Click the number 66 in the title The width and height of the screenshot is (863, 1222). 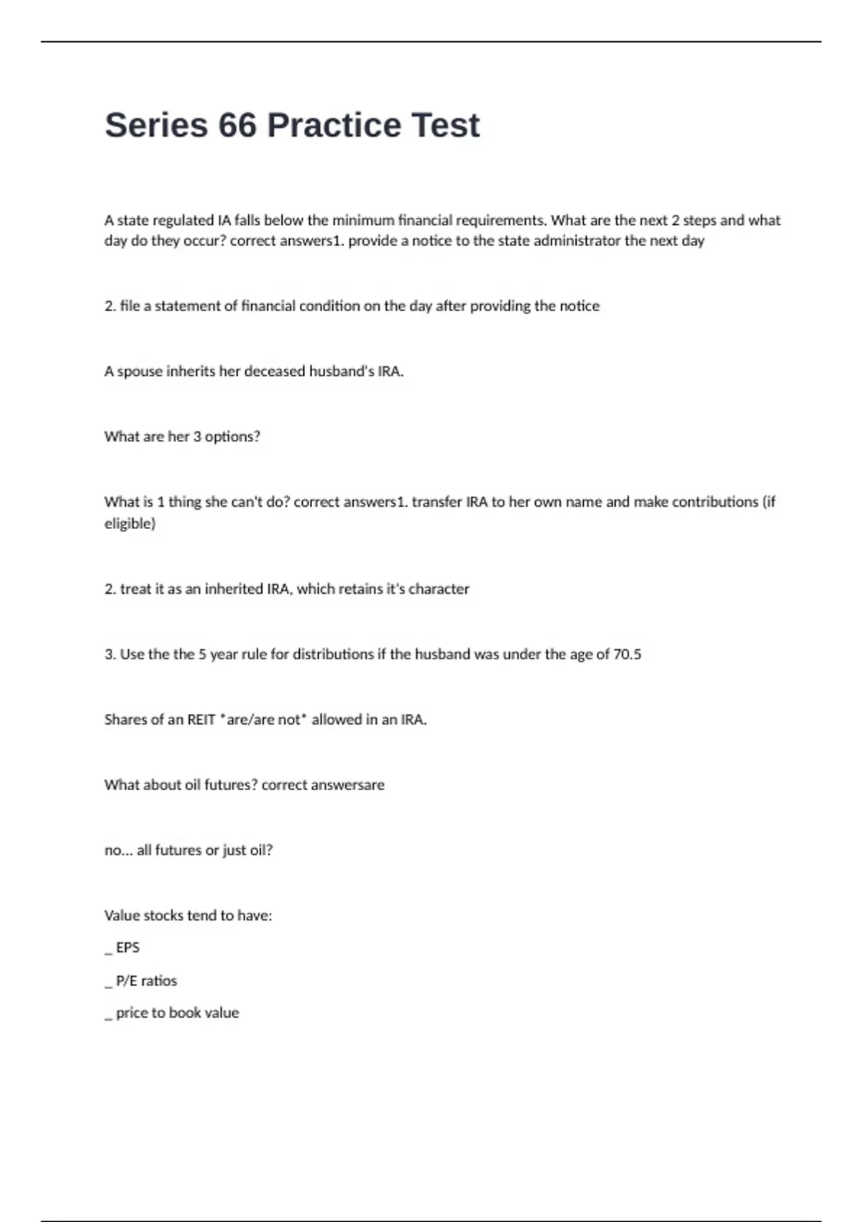tap(237, 125)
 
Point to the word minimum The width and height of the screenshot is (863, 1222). tap(363, 220)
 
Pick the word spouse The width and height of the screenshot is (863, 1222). tap(140, 372)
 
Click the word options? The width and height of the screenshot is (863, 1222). tap(232, 437)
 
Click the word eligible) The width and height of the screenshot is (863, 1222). tap(130, 523)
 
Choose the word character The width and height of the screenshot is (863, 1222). tap(439, 589)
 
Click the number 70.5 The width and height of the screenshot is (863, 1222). tap(626, 654)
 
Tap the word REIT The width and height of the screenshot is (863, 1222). tap(201, 720)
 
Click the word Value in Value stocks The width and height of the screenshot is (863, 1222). tap(121, 916)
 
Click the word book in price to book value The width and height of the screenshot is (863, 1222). tap(185, 1013)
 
